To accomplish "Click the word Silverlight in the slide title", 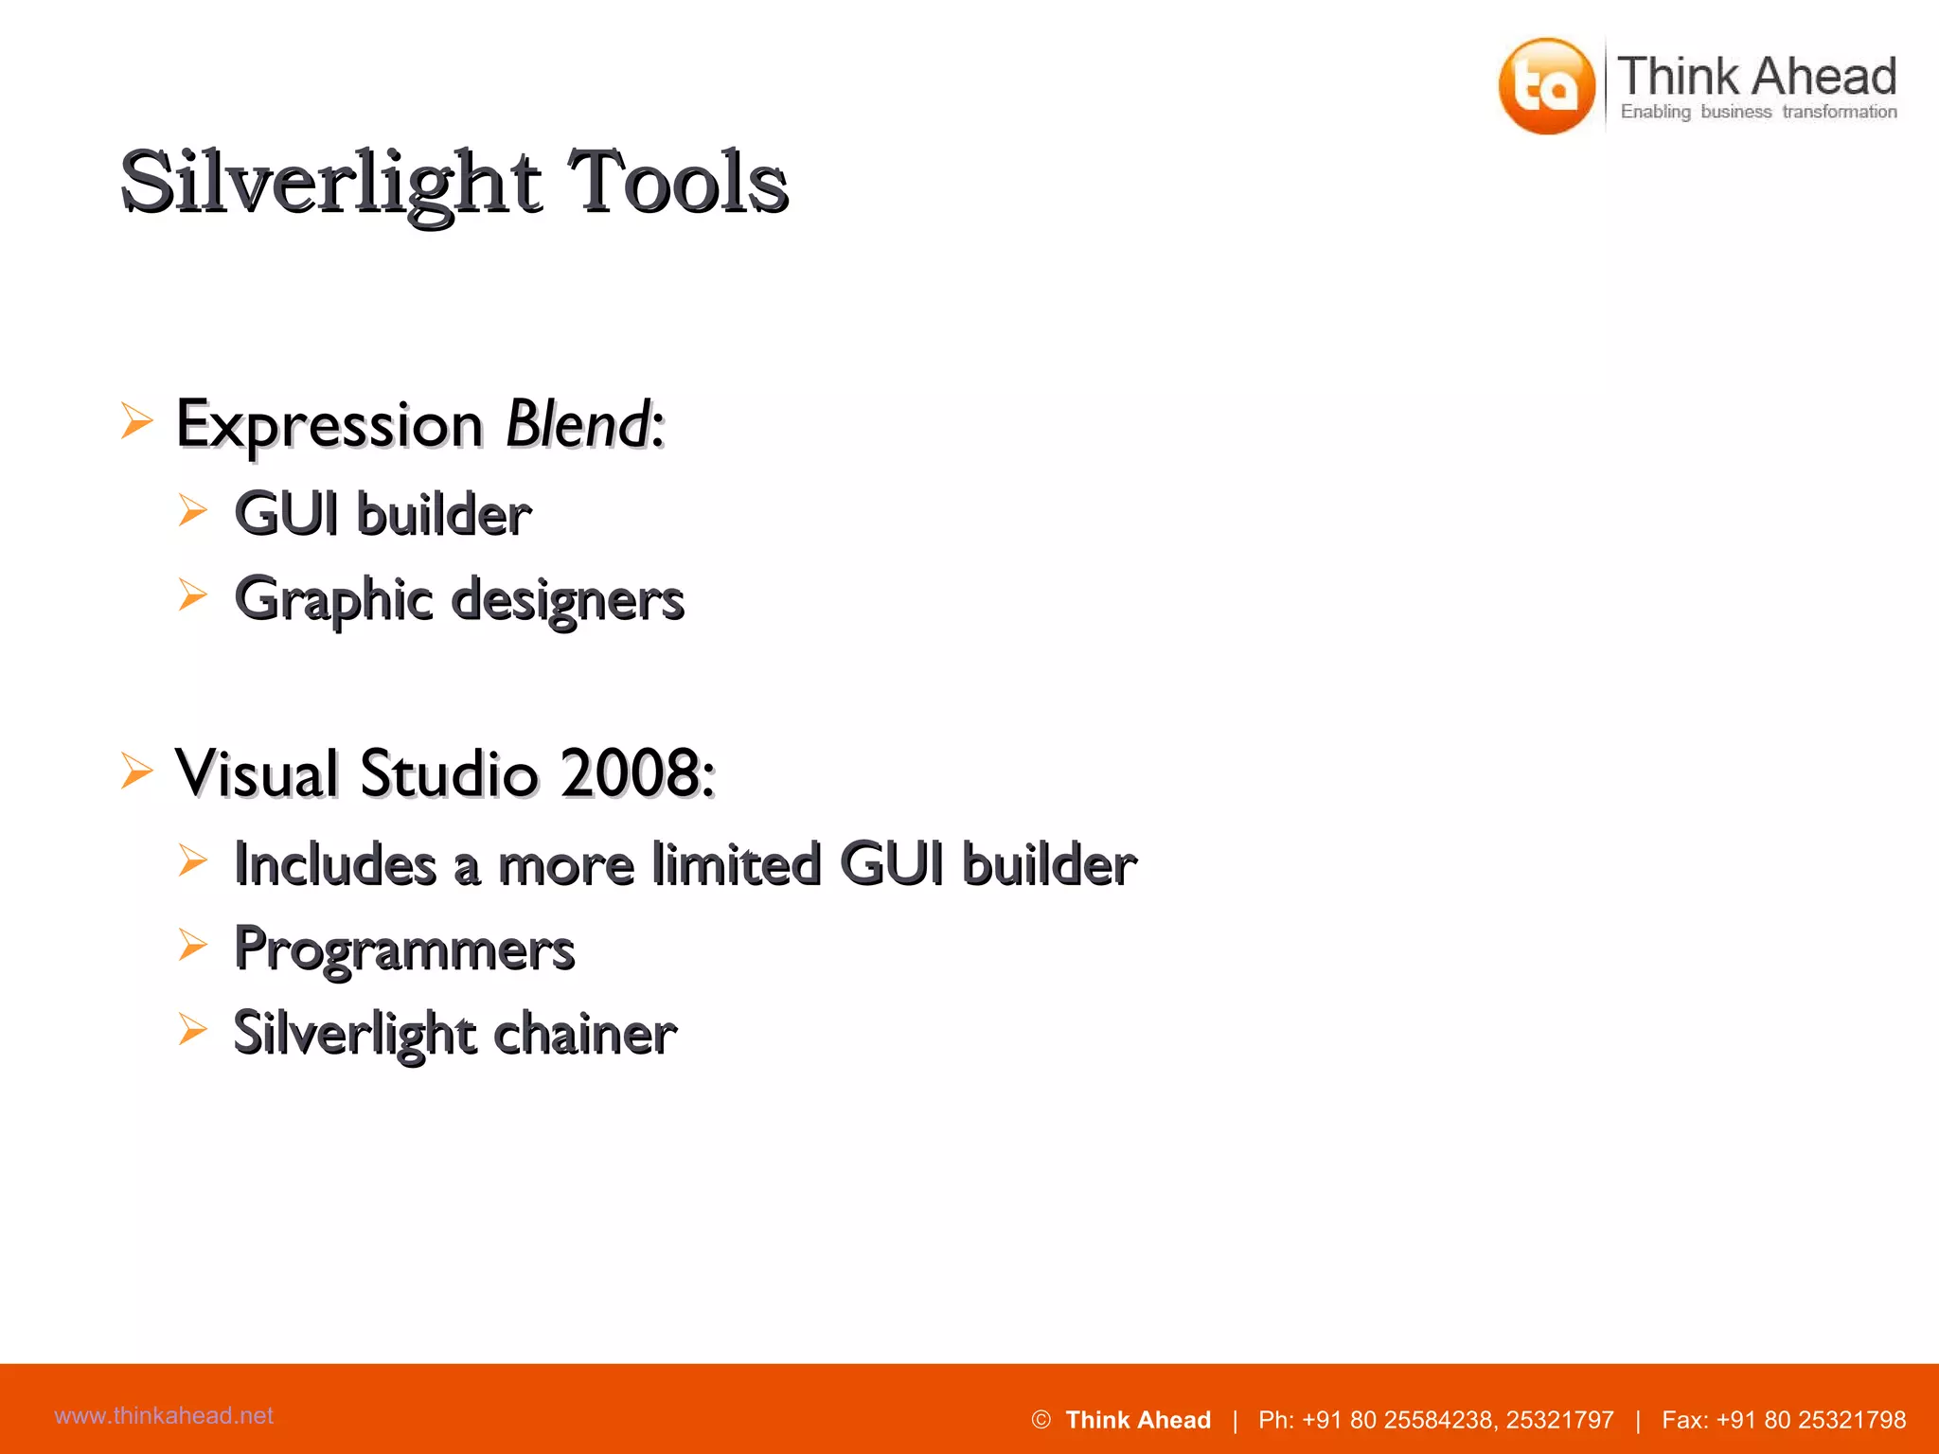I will pos(331,183).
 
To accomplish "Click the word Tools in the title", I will pos(678,183).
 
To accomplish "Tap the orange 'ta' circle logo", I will pos(1547,86).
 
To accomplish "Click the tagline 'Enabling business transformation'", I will pos(1758,112).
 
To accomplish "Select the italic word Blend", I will pos(578,424).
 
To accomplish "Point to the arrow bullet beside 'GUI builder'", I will pos(193,511).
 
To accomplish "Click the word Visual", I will pos(258,773).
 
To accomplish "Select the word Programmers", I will pos(404,949).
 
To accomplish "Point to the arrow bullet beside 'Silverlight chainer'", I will pos(193,1029).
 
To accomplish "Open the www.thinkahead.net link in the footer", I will pos(164,1415).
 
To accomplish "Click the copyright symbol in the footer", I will pos(1041,1420).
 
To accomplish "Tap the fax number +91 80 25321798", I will pos(1810,1420).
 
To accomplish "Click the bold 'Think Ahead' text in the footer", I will pos(1138,1420).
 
